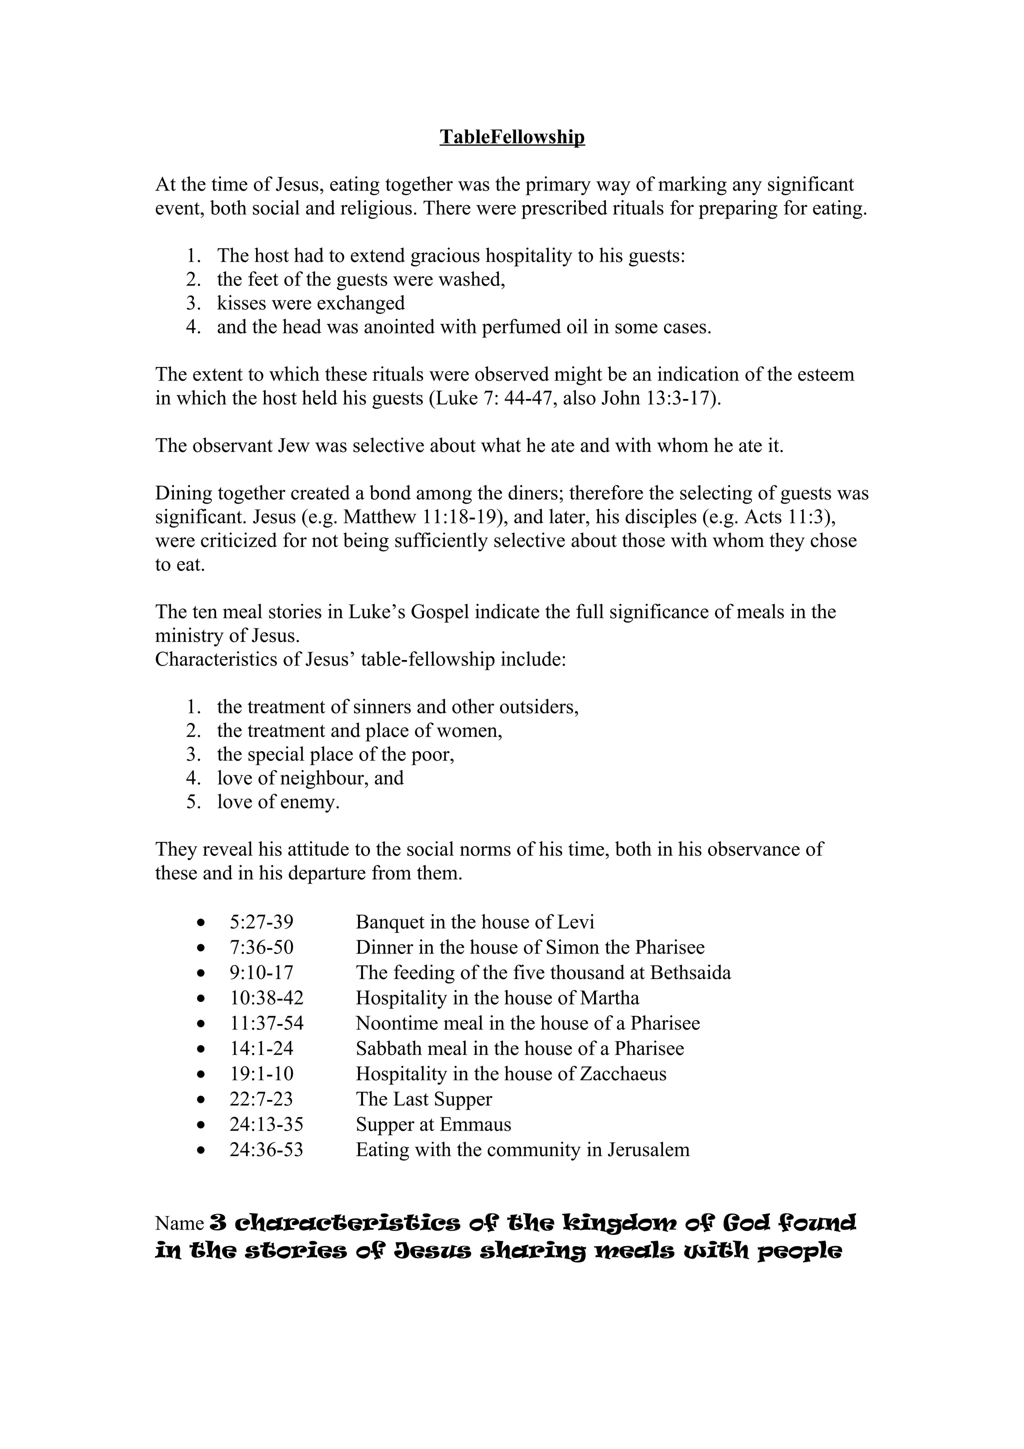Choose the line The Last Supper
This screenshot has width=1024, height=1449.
(x=423, y=1098)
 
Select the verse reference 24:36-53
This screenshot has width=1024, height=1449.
(x=266, y=1149)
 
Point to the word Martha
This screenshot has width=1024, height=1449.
(x=609, y=998)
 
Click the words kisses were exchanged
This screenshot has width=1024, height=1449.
(x=310, y=303)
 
